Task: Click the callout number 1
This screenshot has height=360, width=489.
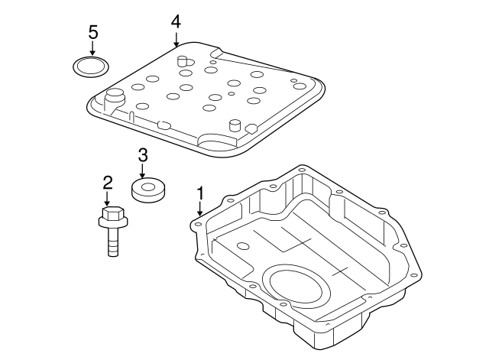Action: (x=200, y=192)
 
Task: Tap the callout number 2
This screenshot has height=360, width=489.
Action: (x=108, y=182)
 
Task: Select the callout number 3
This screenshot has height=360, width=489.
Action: (x=142, y=155)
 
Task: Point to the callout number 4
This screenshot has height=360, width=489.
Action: (x=176, y=21)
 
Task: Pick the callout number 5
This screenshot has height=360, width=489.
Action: (x=93, y=32)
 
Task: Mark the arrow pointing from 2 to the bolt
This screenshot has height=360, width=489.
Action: (x=108, y=198)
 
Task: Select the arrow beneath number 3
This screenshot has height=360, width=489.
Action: (x=142, y=171)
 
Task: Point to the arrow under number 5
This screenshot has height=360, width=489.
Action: (x=93, y=49)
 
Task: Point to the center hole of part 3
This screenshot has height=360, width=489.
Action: (x=149, y=184)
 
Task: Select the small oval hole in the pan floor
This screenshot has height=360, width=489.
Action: (x=243, y=246)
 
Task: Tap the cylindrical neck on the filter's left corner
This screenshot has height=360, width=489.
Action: (x=115, y=97)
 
